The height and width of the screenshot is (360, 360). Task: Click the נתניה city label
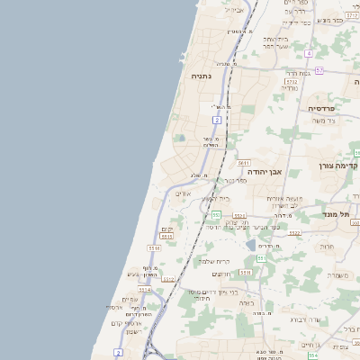pyautogui.click(x=200, y=76)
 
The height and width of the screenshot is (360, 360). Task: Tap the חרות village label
pyautogui.click(x=326, y=246)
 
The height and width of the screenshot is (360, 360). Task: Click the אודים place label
pyautogui.click(x=183, y=193)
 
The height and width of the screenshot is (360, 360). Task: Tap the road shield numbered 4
pyautogui.click(x=309, y=53)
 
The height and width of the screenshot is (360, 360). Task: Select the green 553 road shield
pyautogui.click(x=216, y=214)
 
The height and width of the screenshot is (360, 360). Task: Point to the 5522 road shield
pyautogui.click(x=295, y=232)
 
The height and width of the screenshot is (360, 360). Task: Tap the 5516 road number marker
pyautogui.click(x=154, y=248)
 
